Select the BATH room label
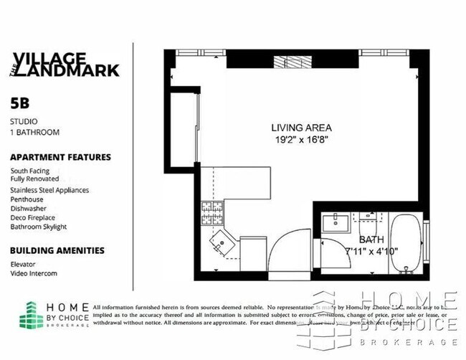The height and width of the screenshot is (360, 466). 372,240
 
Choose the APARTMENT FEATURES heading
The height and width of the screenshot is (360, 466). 60,157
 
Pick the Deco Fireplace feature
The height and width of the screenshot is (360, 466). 32,217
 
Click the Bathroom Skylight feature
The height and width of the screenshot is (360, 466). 38,227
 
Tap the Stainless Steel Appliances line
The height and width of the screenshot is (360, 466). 49,190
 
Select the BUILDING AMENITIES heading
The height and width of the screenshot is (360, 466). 57,250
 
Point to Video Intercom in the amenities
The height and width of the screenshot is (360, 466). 34,273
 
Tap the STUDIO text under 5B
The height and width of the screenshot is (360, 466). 24,121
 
